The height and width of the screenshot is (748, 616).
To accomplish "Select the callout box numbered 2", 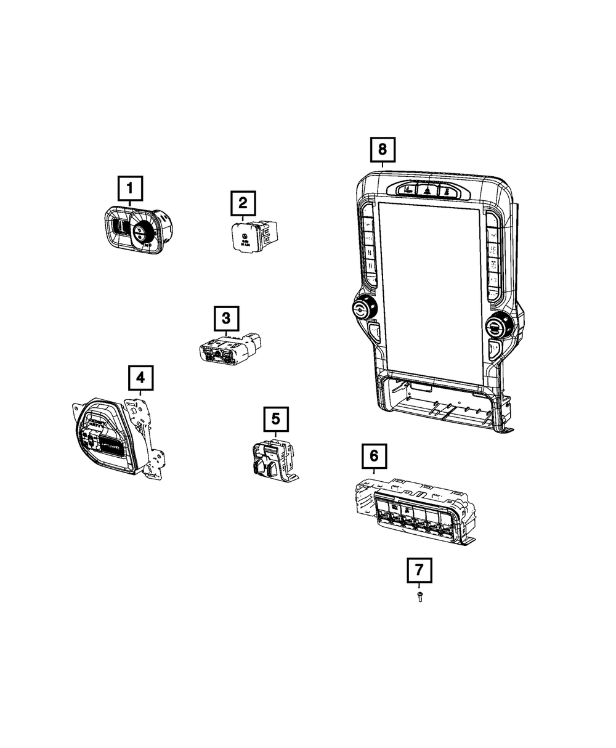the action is coord(243,202).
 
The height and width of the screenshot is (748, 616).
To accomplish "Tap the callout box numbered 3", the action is coord(226,319).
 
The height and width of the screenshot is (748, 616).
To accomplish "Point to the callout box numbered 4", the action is coord(140,376).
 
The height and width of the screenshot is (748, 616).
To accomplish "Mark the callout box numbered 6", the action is coord(374,457).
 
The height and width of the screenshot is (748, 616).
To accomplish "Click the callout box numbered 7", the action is coord(419,570).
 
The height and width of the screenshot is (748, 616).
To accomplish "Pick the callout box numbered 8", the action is coord(383,148).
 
